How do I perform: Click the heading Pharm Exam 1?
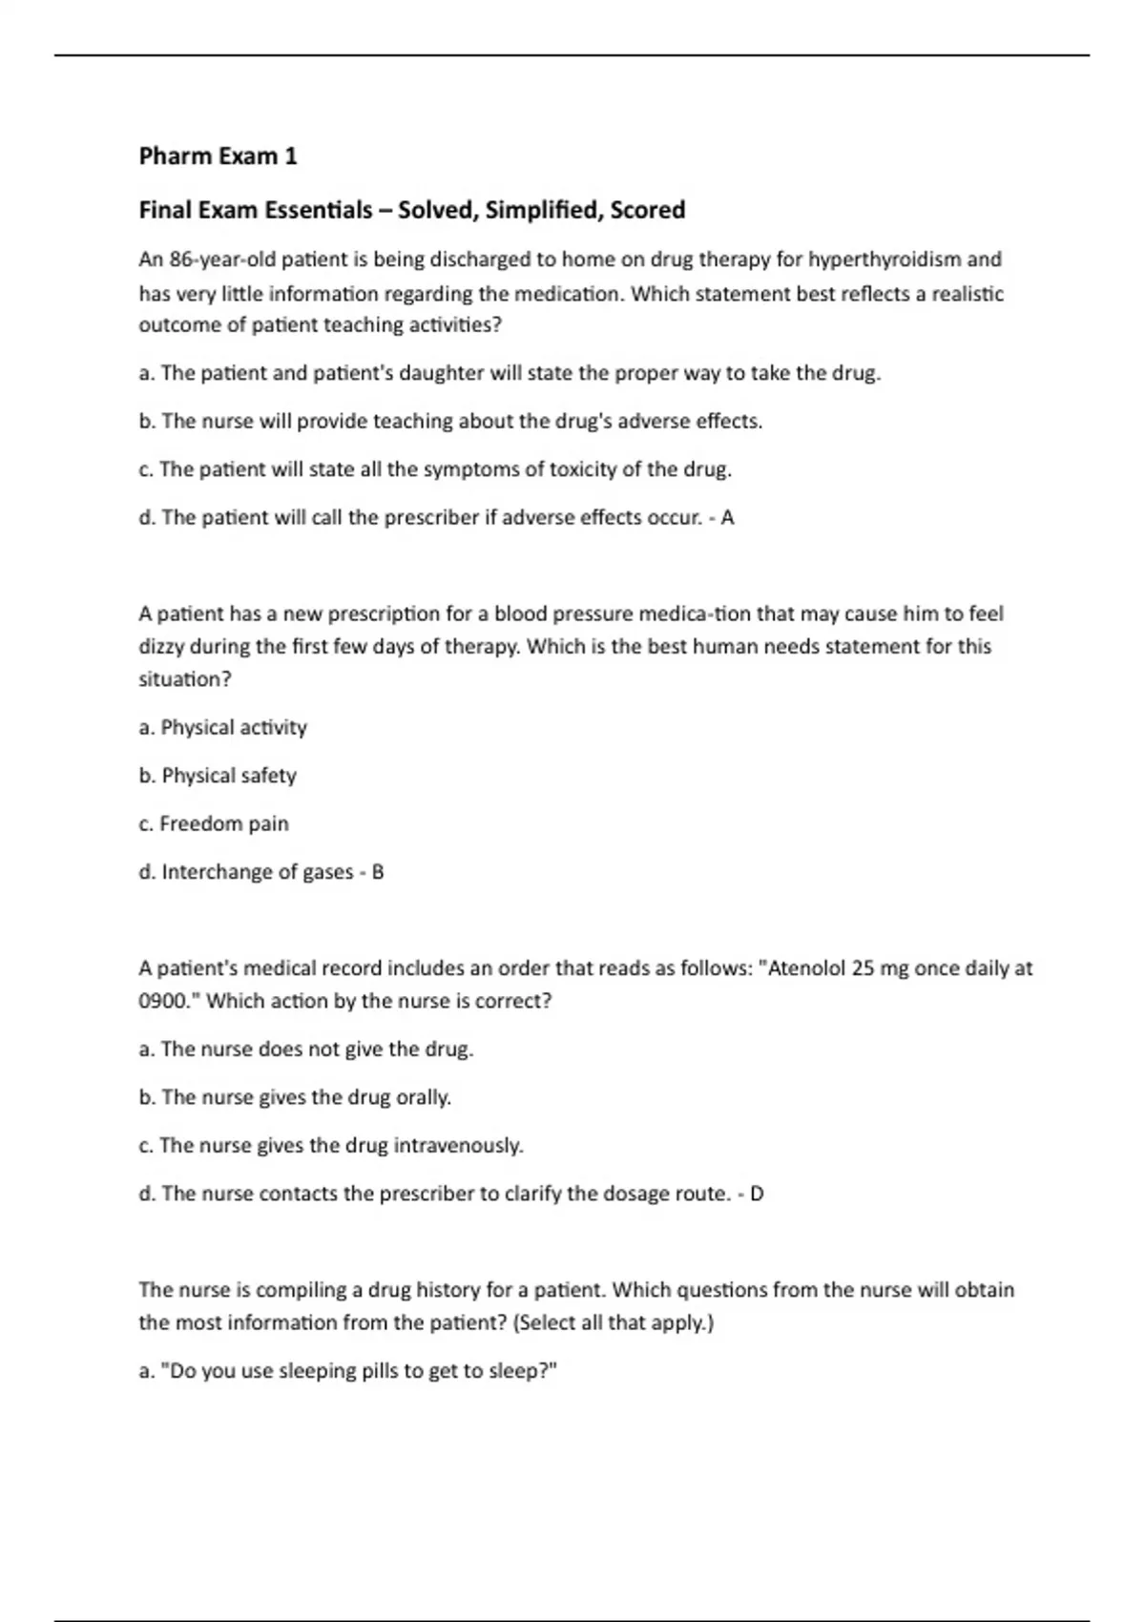(x=218, y=156)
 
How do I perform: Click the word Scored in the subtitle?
(x=647, y=210)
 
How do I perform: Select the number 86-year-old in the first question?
(x=220, y=260)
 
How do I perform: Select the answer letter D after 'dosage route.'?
(x=757, y=1194)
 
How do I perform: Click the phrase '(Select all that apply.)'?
(x=613, y=1322)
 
